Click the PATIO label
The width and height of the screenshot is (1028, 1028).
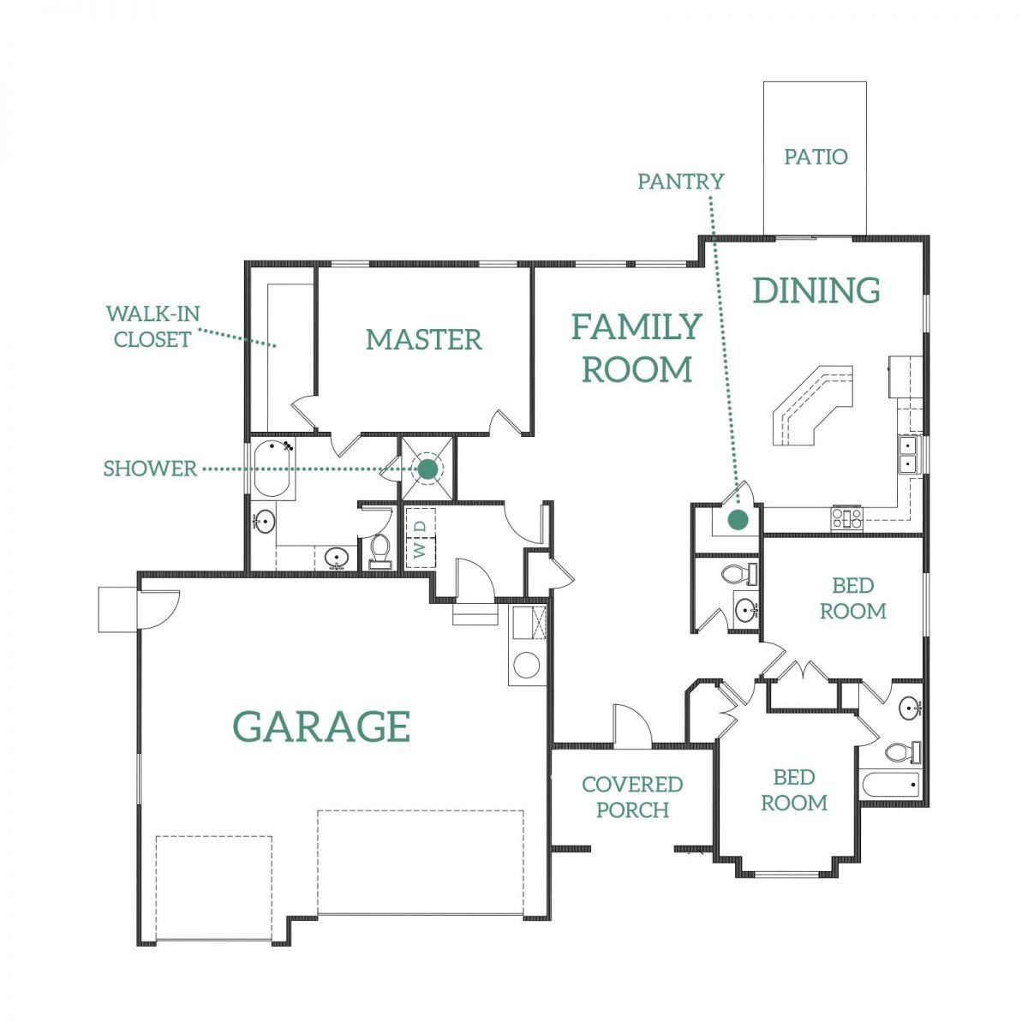816,156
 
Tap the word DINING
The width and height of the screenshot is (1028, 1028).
816,290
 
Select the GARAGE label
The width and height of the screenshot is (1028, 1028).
322,726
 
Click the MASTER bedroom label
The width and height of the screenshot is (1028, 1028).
423,340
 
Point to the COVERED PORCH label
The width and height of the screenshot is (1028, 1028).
632,797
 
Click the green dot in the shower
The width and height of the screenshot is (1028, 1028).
427,469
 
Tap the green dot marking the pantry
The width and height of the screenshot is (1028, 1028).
738,519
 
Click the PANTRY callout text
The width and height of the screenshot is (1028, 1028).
681,182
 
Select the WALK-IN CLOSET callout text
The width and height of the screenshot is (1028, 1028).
152,326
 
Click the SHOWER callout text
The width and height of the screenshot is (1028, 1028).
150,469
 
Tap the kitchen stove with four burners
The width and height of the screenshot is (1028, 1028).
846,517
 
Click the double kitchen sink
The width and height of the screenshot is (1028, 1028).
909,454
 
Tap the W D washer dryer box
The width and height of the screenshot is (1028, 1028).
421,539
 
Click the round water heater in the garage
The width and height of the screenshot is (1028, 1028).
527,666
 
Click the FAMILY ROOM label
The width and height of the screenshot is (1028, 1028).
637,348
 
